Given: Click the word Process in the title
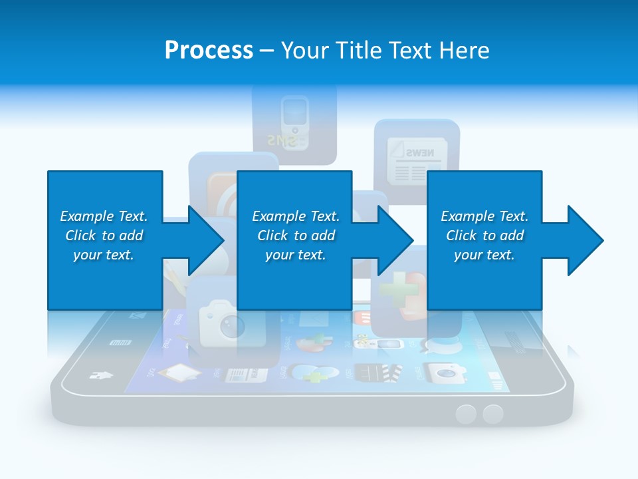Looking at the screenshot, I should coord(209,51).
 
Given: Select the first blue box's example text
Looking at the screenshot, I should coord(104,236).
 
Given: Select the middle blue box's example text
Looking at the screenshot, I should coord(296,236).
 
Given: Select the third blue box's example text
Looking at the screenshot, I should coord(484,236).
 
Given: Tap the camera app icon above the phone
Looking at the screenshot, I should coord(225,322).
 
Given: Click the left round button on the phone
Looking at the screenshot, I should coord(466,414).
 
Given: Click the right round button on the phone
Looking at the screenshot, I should coord(492,414).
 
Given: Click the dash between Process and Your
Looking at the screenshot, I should coord(266,51).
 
